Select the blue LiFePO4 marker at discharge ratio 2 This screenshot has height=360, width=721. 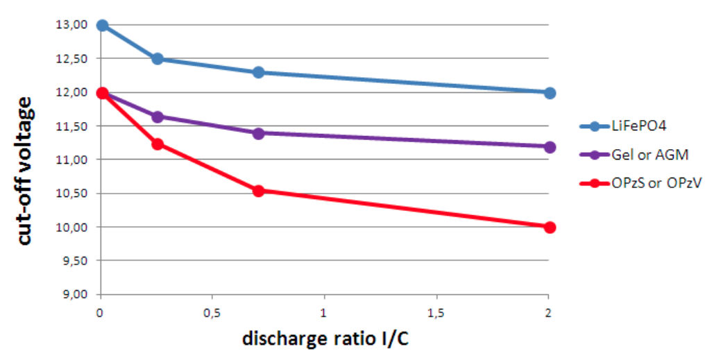click(x=549, y=92)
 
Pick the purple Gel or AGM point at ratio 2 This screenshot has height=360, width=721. click(x=549, y=146)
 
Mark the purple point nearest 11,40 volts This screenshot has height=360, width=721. click(x=258, y=132)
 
